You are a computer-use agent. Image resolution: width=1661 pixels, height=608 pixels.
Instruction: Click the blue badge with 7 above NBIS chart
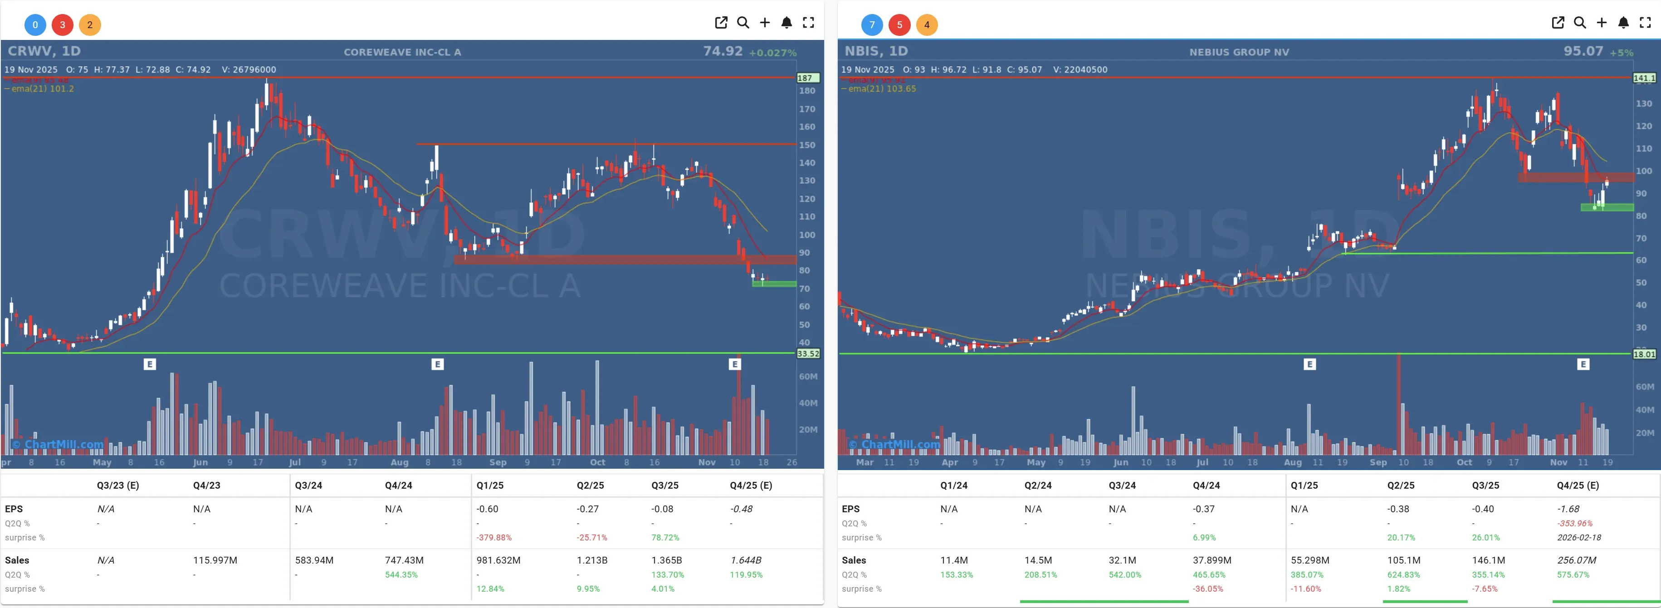(872, 25)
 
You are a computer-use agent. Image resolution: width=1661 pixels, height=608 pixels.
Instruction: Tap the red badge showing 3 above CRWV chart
(63, 25)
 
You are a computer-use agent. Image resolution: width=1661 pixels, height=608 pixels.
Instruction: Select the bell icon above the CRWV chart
(786, 23)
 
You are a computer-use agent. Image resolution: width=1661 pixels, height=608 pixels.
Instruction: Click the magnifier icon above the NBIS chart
(1580, 23)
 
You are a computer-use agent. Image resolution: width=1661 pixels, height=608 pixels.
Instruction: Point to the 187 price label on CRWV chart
(806, 78)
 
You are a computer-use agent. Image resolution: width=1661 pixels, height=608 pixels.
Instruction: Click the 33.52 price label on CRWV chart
(808, 353)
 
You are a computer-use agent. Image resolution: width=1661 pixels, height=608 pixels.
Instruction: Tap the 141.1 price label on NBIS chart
(1644, 78)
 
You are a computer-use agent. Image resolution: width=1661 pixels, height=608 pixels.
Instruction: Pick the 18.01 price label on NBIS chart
(1644, 354)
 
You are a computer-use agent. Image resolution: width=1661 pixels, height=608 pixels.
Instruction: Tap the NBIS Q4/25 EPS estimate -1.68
(1568, 509)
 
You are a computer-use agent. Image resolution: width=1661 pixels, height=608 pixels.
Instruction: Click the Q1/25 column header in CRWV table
(489, 485)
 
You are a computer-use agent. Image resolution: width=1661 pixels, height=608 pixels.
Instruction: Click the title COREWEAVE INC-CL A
(402, 52)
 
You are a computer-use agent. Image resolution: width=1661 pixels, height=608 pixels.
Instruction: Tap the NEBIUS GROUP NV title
(1239, 52)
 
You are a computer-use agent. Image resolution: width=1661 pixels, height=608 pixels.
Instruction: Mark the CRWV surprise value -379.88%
(493, 537)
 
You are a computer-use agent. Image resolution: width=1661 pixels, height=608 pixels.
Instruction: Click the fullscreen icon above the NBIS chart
(1645, 23)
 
